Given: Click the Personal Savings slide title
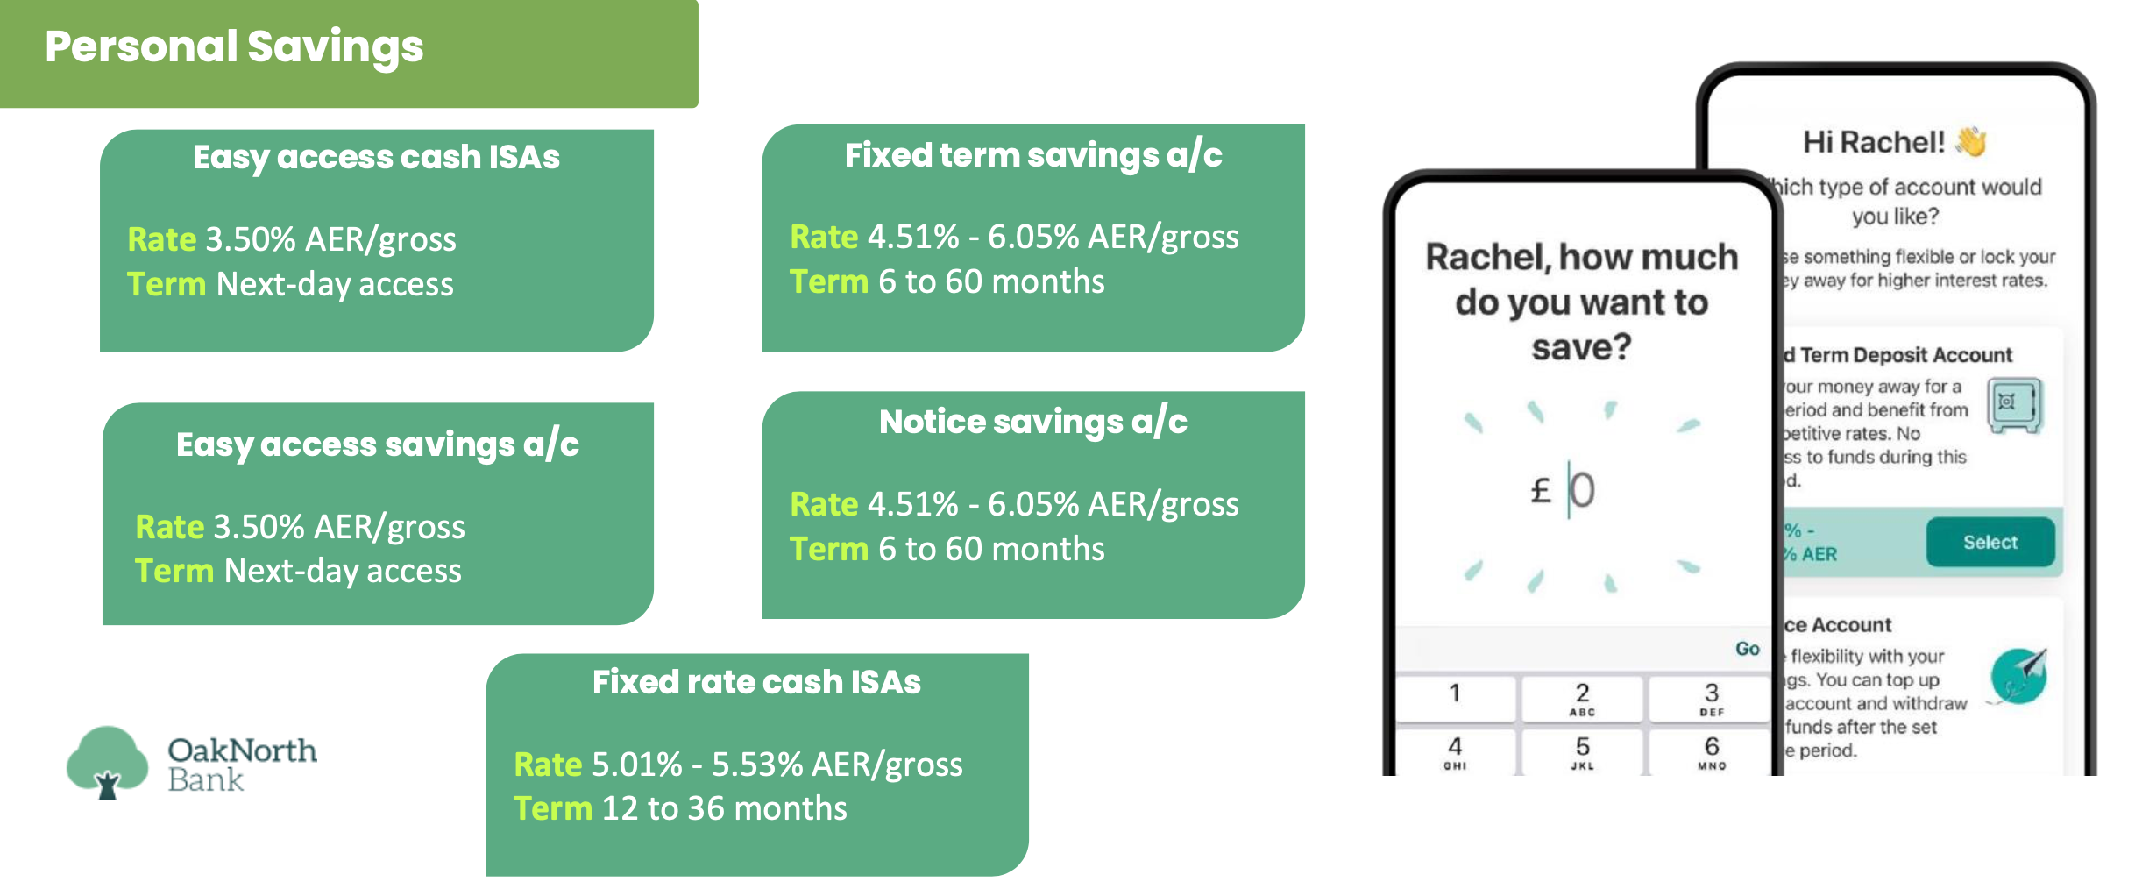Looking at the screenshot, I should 234,46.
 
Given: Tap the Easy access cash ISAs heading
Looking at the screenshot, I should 376,157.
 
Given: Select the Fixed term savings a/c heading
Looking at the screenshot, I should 1033,155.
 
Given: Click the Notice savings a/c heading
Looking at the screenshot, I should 1033,422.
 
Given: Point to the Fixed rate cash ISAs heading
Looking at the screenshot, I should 756,682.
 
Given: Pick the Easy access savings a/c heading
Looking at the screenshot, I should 377,444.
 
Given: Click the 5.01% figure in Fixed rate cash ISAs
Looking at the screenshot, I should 636,765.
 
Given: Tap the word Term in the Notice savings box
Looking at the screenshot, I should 828,549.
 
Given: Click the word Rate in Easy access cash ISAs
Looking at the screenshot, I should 162,239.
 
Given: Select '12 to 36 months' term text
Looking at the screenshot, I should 724,808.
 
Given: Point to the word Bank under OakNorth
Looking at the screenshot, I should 205,779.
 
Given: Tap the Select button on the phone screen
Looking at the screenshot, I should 1990,543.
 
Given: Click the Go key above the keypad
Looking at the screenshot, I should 1747,649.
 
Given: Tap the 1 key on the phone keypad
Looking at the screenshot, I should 1455,694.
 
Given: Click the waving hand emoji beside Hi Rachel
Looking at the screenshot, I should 1972,141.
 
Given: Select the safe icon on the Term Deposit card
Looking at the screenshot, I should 2013,404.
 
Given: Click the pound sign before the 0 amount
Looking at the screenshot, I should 1540,490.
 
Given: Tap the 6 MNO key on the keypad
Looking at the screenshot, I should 1711,751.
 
